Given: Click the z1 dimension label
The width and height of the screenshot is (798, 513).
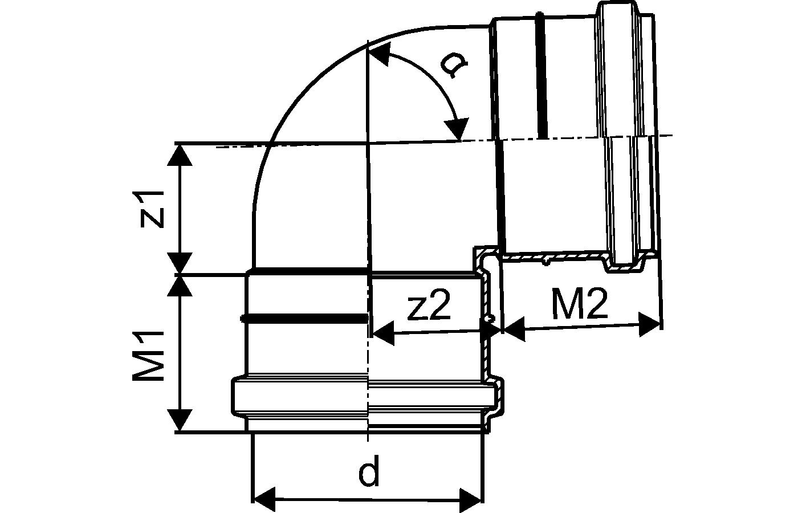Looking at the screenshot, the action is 153,210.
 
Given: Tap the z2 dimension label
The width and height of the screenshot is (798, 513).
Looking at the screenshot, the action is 430,305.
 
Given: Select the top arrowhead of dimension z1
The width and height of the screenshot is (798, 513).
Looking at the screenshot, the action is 180,155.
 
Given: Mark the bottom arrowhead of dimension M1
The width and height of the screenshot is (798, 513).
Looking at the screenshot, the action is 180,420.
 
